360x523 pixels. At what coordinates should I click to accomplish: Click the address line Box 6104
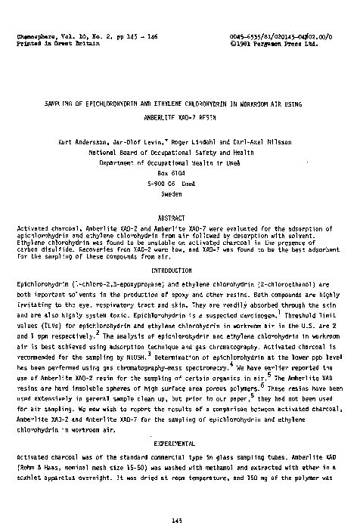click(x=179, y=172)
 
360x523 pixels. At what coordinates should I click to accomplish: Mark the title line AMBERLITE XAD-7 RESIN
click(x=179, y=118)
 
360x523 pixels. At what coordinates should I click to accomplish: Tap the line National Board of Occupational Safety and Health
click(x=179, y=151)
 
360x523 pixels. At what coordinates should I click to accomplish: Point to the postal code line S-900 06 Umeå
click(x=179, y=182)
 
